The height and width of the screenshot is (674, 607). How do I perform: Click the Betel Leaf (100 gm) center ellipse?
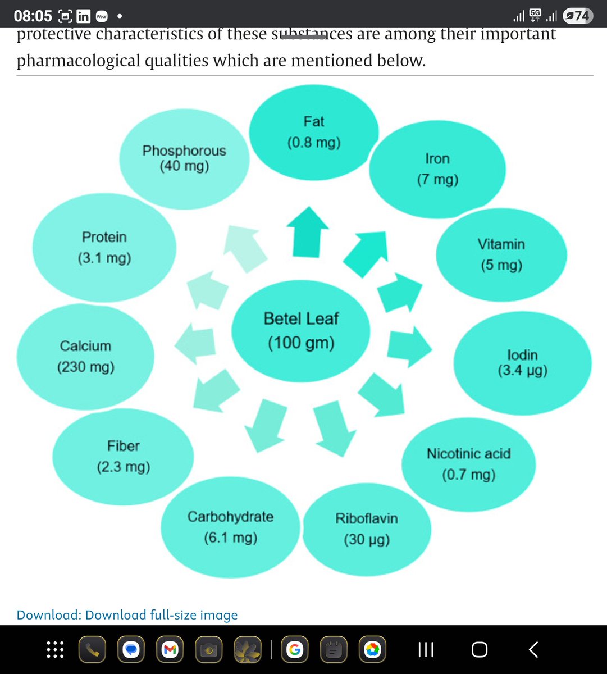pyautogui.click(x=301, y=331)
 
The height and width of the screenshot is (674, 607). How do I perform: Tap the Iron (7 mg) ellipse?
pyautogui.click(x=437, y=169)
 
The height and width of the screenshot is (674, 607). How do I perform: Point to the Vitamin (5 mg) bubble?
pyautogui.click(x=501, y=254)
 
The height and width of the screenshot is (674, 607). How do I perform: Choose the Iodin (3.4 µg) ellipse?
pyautogui.click(x=522, y=363)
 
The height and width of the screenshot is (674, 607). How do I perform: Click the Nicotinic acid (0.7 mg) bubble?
pyautogui.click(x=468, y=464)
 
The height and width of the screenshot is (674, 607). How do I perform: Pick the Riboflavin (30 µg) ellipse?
pyautogui.click(x=367, y=529)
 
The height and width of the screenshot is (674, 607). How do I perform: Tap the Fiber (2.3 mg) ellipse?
pyautogui.click(x=123, y=456)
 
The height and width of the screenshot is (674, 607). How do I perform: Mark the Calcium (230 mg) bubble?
pyautogui.click(x=85, y=356)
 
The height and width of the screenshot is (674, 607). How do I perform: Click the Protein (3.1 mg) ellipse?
pyautogui.click(x=104, y=247)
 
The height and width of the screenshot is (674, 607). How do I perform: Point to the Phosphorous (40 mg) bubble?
pyautogui.click(x=184, y=158)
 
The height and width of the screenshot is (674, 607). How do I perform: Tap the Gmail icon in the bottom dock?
pyautogui.click(x=169, y=650)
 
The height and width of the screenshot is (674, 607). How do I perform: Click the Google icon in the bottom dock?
pyautogui.click(x=293, y=650)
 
